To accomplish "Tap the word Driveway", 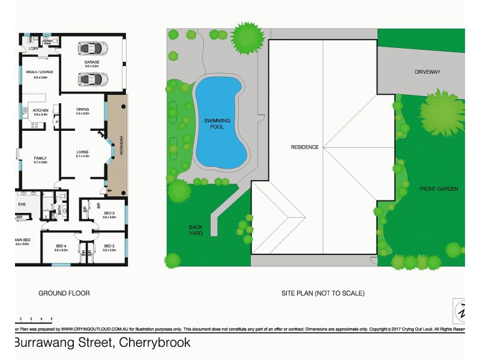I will pos(427,72).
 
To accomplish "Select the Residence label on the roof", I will pos(304,147).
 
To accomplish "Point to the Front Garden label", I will pos(439,189).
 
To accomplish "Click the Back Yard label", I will pos(196,230).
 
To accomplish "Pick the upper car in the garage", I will pos(92,47).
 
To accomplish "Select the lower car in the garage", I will pos(92,79).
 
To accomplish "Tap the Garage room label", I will pos(92,62).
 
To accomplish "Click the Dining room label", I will pos(82,109).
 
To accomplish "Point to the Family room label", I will pos(40,158).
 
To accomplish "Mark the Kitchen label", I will pos(40,110).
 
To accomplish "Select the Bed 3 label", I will pos(109,213).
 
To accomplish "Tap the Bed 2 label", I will pos(109,246).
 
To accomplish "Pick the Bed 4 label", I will pos(61,246).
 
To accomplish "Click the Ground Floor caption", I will pos(64,293).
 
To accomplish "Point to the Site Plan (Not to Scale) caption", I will pos(323,293).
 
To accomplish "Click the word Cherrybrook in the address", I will pos(155,343).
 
